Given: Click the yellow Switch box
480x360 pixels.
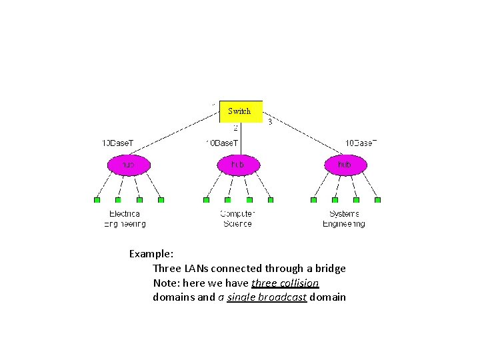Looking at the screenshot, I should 241,111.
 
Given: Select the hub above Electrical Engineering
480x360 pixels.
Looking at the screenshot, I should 129,164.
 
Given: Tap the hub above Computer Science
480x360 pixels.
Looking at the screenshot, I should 237,164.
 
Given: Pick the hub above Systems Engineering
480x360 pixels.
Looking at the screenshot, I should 345,164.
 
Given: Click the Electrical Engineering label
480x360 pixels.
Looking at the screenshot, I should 125,219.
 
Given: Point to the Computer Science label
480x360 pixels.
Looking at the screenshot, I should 237,219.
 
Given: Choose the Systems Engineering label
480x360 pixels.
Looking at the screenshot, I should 344,219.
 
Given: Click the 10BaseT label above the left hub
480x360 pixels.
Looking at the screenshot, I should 117,143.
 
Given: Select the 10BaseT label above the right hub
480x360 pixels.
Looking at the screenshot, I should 361,143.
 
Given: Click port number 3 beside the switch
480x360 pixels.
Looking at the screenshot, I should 269,122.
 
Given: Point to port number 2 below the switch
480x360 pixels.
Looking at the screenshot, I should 235,127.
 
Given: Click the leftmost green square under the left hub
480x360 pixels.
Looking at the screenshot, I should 97,199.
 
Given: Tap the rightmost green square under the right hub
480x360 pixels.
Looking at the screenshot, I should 377,199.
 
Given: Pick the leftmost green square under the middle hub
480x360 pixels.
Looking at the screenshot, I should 206,199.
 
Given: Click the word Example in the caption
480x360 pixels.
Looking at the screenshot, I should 151,254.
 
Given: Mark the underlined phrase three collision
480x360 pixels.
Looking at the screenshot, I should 285,283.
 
